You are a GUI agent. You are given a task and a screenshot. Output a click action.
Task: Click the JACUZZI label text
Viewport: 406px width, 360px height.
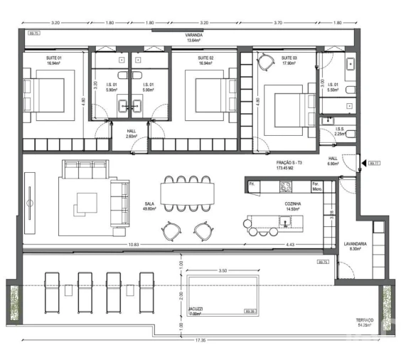[195, 309]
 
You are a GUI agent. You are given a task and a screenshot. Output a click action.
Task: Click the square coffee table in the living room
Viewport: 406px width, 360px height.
[86, 204]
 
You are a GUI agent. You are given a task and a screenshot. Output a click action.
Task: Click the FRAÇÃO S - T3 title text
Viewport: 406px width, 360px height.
[290, 163]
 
